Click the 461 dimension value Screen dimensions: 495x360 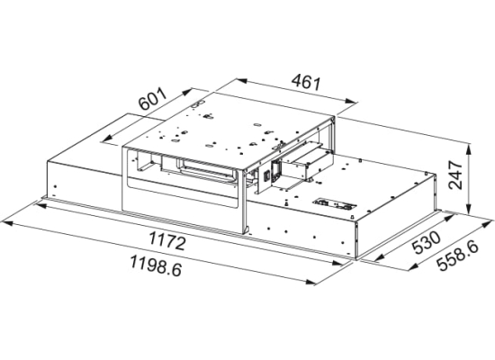tap(306, 82)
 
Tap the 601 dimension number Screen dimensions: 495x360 tap(153, 99)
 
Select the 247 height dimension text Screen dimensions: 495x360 tap(455, 175)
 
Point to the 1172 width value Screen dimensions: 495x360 tap(167, 241)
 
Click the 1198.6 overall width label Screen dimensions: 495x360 tap(156, 265)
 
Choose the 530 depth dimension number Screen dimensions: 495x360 tap(427, 242)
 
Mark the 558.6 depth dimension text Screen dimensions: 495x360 tap(458, 256)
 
